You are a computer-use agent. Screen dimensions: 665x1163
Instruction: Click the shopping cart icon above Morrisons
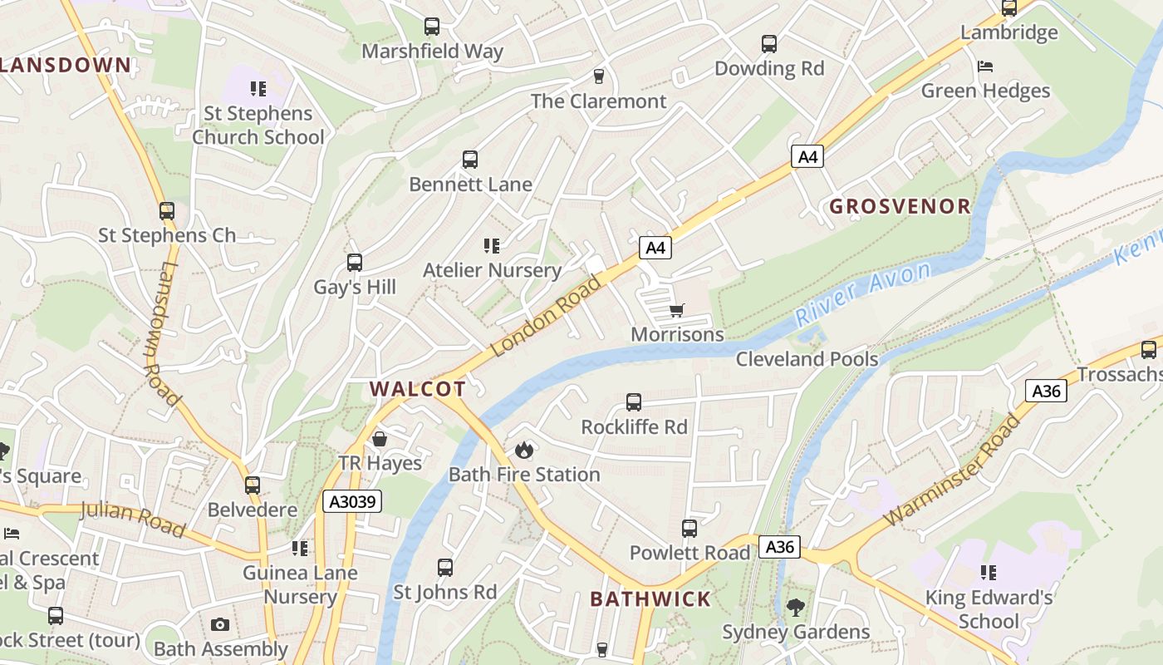pyautogui.click(x=676, y=311)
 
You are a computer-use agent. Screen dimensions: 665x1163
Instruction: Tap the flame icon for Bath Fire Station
pyautogui.click(x=523, y=451)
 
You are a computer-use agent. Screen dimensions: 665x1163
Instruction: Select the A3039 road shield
pyautogui.click(x=352, y=501)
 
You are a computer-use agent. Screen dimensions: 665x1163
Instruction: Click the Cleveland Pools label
pyautogui.click(x=807, y=359)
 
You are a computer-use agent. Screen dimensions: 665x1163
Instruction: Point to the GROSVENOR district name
pyautogui.click(x=900, y=207)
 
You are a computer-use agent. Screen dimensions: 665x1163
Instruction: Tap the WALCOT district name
pyautogui.click(x=417, y=388)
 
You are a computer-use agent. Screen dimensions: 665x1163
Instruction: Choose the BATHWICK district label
pyautogui.click(x=650, y=599)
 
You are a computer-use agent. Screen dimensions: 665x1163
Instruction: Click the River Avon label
pyautogui.click(x=864, y=293)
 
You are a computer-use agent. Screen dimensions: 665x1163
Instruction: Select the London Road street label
pyautogui.click(x=546, y=316)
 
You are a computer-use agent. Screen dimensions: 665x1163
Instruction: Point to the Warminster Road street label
pyautogui.click(x=952, y=470)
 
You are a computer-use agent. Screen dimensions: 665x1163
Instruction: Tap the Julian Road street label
pyautogui.click(x=133, y=519)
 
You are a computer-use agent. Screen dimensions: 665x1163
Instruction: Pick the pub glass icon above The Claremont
pyautogui.click(x=598, y=76)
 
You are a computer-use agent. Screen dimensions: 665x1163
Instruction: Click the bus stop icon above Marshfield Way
pyautogui.click(x=432, y=27)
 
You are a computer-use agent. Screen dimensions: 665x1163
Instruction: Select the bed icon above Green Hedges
pyautogui.click(x=985, y=66)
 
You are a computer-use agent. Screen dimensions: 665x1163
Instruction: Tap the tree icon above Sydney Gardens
pyautogui.click(x=796, y=607)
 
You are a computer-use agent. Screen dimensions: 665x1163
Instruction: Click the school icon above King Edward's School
pyautogui.click(x=988, y=572)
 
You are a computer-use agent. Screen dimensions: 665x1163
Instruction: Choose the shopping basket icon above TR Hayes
pyautogui.click(x=380, y=438)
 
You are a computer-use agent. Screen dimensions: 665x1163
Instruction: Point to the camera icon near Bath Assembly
pyautogui.click(x=220, y=624)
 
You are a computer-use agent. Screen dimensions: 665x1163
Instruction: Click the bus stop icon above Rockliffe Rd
pyautogui.click(x=634, y=402)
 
